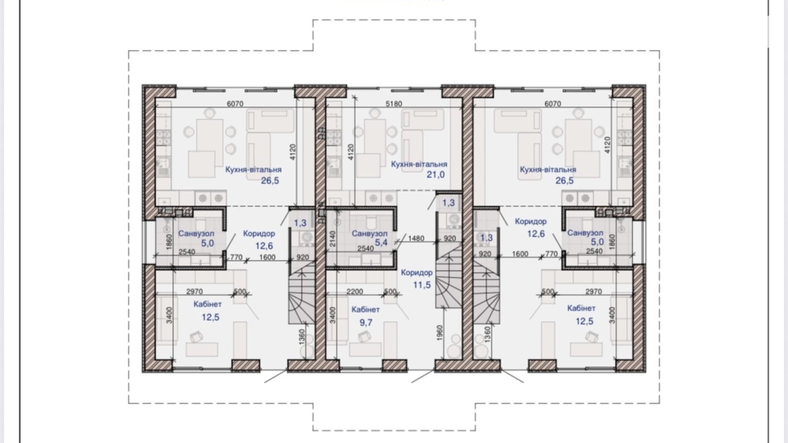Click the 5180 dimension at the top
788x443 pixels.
394,104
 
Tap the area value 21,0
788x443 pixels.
435,174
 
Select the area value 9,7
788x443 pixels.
365,322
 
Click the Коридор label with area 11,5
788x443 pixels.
417,273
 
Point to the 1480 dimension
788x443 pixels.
416,239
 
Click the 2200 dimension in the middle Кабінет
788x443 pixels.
355,292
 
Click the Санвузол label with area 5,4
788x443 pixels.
370,233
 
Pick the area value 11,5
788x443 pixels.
422,285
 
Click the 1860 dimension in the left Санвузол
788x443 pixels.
169,242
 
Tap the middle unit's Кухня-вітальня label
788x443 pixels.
419,164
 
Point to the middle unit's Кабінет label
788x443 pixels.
365,310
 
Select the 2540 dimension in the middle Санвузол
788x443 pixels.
365,249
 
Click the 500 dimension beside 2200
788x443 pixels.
390,292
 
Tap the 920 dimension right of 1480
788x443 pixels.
450,239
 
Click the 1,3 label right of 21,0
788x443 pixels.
449,203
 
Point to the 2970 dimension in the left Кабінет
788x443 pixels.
194,292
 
